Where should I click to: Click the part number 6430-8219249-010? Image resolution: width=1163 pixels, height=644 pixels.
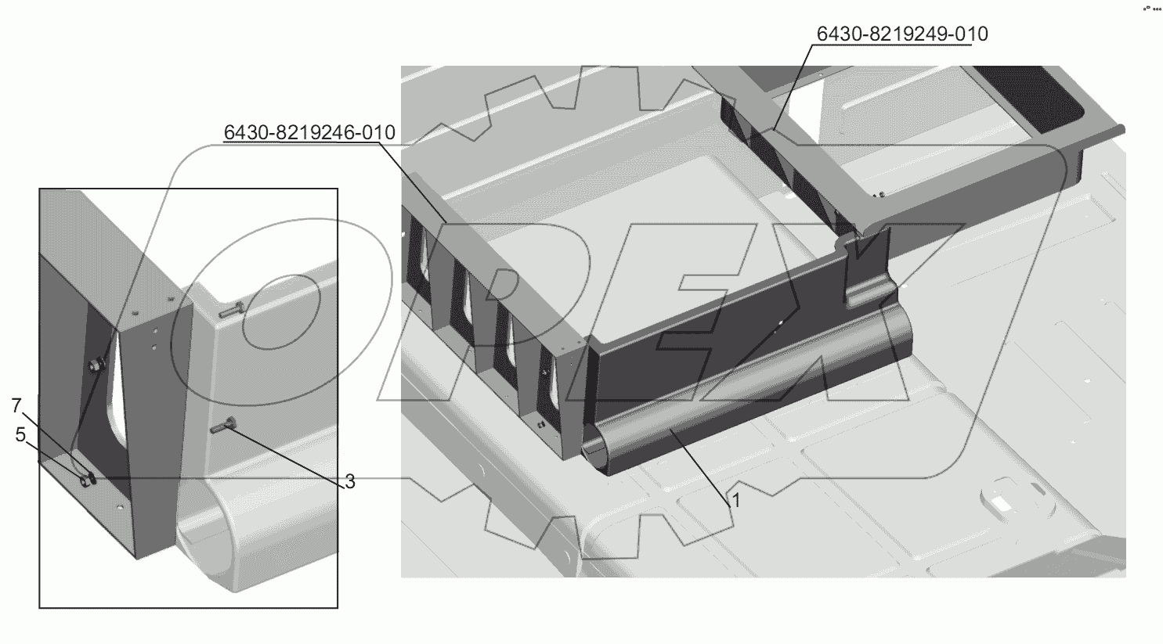pyautogui.click(x=902, y=34)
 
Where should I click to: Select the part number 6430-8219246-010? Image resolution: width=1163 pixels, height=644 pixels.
pyautogui.click(x=309, y=133)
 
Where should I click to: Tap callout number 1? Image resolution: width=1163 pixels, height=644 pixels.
pyautogui.click(x=735, y=500)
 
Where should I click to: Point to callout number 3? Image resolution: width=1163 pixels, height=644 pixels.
pyautogui.click(x=350, y=481)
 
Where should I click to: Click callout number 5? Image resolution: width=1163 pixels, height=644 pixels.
pyautogui.click(x=20, y=435)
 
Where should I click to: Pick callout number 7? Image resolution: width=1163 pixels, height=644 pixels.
pyautogui.click(x=16, y=405)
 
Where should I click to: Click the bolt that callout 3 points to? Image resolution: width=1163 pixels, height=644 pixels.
pyautogui.click(x=224, y=427)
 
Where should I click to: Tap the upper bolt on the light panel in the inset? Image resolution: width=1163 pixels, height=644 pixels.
pyautogui.click(x=231, y=311)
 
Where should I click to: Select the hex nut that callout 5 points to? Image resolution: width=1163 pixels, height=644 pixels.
pyautogui.click(x=85, y=481)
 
